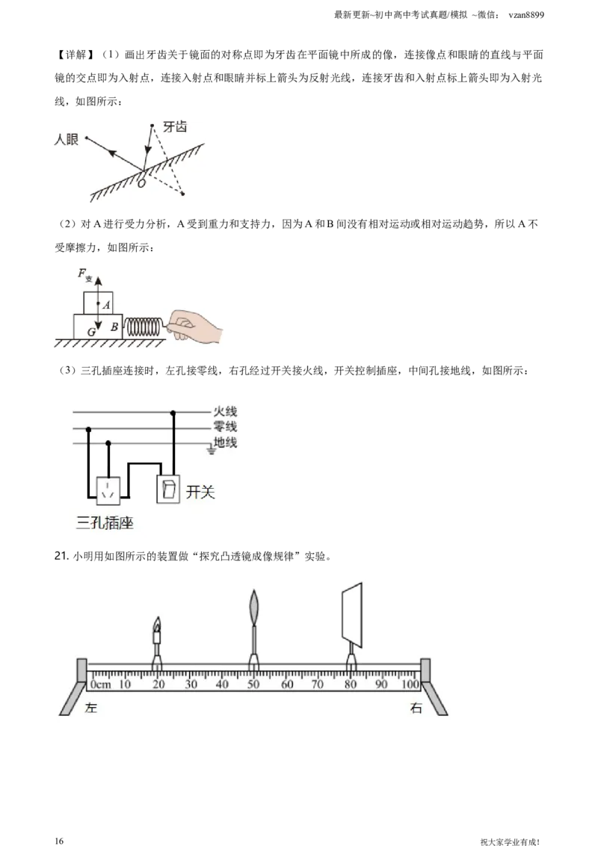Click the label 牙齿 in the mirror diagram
pyautogui.click(x=175, y=127)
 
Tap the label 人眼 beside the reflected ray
pyautogui.click(x=67, y=139)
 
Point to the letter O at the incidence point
pyautogui.click(x=141, y=183)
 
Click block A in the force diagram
pyautogui.click(x=98, y=303)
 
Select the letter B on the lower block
pyautogui.click(x=114, y=327)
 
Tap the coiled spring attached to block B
pyautogui.click(x=143, y=327)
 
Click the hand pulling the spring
pyautogui.click(x=194, y=325)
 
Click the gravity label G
pyautogui.click(x=92, y=333)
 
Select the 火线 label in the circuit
pyautogui.click(x=225, y=412)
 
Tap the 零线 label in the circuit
pyautogui.click(x=225, y=427)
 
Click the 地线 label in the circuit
pyautogui.click(x=225, y=442)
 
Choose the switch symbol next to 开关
pyautogui.click(x=168, y=489)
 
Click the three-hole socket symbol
pyautogui.click(x=108, y=491)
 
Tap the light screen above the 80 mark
pyautogui.click(x=352, y=614)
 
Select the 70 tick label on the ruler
pyautogui.click(x=318, y=684)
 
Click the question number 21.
pyautogui.click(x=61, y=556)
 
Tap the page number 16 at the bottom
pyautogui.click(x=59, y=841)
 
